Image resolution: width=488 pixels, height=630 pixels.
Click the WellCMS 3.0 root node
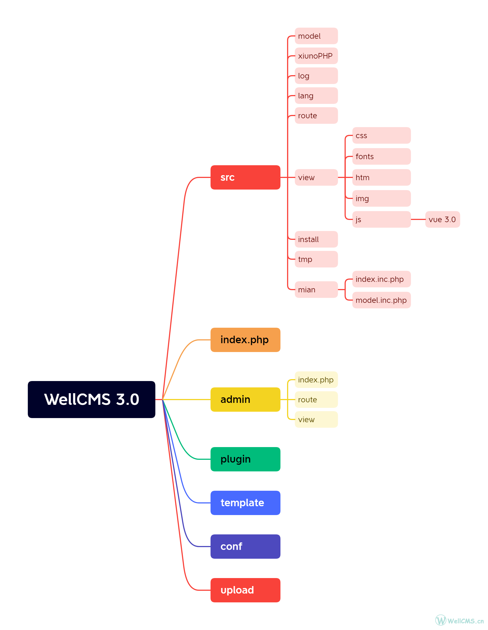tap(91, 399)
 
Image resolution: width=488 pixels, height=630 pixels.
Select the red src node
tap(245, 177)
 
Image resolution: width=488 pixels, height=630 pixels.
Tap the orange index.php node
tap(245, 340)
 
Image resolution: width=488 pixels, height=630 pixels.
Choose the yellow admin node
tap(245, 400)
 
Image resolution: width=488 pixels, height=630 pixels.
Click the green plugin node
tap(245, 459)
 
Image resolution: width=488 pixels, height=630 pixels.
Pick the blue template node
tap(245, 503)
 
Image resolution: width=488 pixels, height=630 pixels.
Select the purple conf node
tap(245, 546)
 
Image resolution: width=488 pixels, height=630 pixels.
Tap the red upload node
tap(245, 590)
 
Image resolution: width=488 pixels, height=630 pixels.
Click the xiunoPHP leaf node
tap(316, 56)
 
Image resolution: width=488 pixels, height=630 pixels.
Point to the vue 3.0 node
tap(442, 219)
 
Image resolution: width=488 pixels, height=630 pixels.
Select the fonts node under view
tap(381, 156)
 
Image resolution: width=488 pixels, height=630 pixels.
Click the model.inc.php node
tap(381, 300)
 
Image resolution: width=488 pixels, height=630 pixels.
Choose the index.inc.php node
tap(381, 279)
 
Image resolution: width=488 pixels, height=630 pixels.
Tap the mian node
tap(316, 290)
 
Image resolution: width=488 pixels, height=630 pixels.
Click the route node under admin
tap(316, 400)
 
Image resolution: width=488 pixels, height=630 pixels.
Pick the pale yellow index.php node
tap(316, 380)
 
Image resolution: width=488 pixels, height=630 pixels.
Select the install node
tap(316, 239)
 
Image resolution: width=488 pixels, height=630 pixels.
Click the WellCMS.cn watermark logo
tap(459, 620)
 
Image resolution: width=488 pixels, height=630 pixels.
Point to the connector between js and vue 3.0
tap(418, 219)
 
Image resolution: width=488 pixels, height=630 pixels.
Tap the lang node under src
tap(316, 96)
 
